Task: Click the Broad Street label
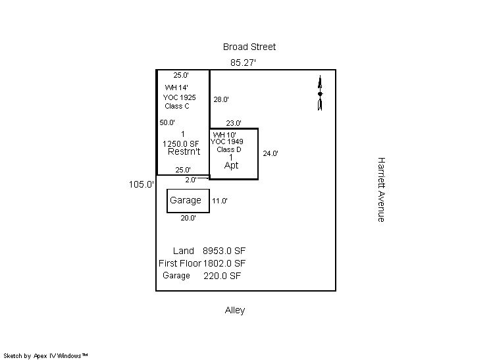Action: point(249,47)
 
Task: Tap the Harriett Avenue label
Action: point(380,189)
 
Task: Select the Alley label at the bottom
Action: point(235,310)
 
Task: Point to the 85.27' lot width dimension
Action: point(243,63)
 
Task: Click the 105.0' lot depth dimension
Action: point(142,185)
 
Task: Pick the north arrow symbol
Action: point(320,93)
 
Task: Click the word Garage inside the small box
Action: point(186,201)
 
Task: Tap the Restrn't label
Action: point(184,152)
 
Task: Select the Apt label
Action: point(232,165)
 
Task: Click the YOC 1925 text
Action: point(180,97)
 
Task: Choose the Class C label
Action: point(177,106)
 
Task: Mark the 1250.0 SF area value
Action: point(180,143)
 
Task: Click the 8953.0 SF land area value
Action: point(224,251)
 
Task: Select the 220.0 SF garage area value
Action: point(222,276)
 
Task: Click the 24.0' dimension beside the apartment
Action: point(271,153)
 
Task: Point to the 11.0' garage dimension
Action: point(220,201)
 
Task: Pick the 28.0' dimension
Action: point(221,99)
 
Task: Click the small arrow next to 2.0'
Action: point(203,177)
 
